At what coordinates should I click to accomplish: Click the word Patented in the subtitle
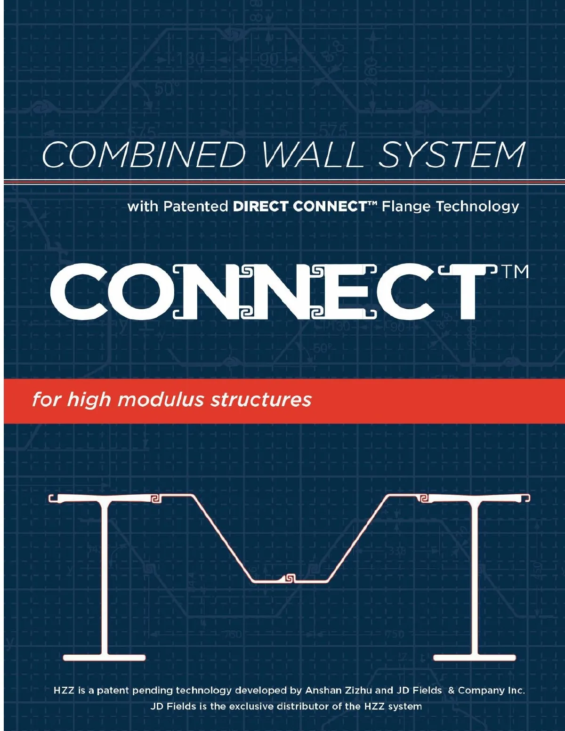coord(195,206)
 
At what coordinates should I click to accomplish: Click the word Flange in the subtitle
coord(406,206)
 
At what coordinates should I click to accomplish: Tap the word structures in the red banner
coord(261,399)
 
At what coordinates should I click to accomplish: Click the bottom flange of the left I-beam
coord(104,657)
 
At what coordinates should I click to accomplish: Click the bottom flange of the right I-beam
coord(475,657)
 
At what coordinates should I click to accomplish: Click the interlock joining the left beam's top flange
coord(155,498)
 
